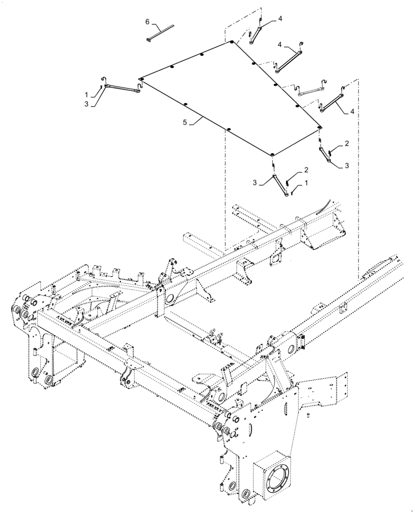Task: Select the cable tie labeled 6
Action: pos(160,27)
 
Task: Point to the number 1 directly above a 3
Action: pos(86,95)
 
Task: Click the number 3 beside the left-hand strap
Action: pos(86,103)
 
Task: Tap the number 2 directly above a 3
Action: pos(347,144)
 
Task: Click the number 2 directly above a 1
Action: pos(306,170)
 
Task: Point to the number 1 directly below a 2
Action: pos(307,182)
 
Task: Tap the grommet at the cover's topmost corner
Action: pos(232,42)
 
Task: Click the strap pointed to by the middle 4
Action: pos(288,58)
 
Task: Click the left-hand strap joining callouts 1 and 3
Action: pos(122,88)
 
